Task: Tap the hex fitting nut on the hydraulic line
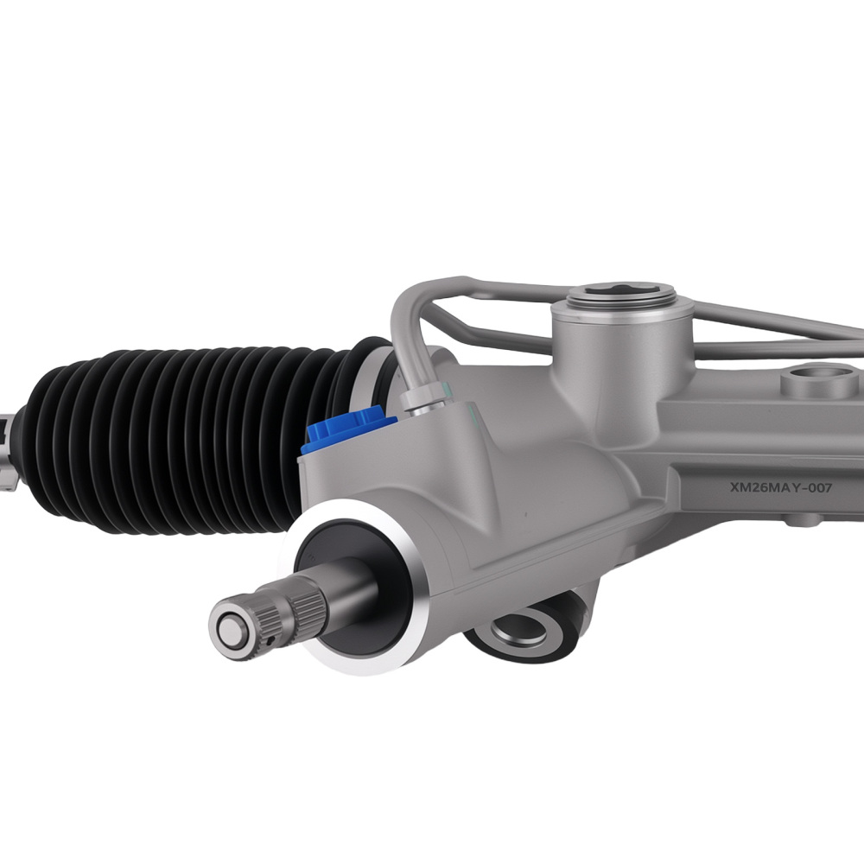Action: point(424,401)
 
